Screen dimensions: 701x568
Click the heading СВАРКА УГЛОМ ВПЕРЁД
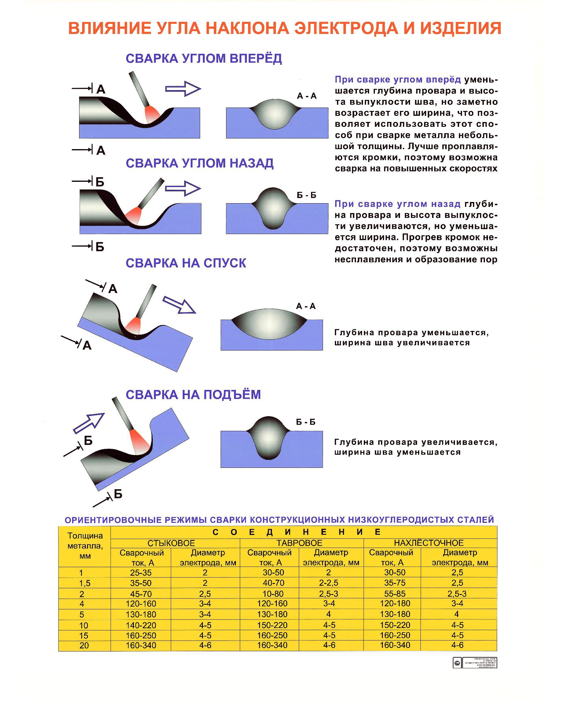tap(203, 59)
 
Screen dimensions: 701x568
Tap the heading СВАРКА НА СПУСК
tap(185, 263)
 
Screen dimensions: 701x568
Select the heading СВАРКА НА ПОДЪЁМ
tap(193, 395)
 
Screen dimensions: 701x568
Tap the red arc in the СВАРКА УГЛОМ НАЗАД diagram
tap(134, 215)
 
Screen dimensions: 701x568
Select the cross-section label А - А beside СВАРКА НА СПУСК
tap(306, 306)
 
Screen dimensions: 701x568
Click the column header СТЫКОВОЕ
tap(171, 543)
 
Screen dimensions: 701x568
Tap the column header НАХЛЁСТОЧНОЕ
tap(429, 543)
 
